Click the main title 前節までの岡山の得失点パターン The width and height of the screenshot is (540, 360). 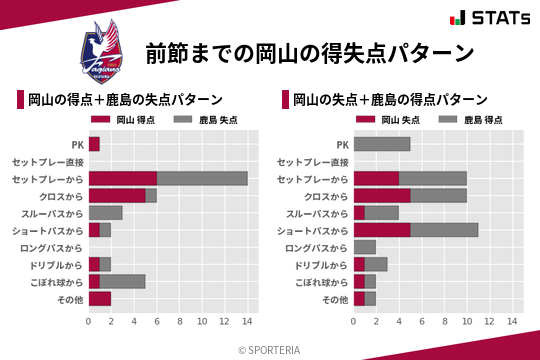[x=308, y=53]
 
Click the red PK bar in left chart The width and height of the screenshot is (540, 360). [x=94, y=144]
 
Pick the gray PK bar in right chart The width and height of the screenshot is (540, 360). [x=382, y=144]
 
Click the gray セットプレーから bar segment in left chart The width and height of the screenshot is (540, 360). [x=202, y=178]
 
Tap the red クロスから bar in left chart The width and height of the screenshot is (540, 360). [x=117, y=195]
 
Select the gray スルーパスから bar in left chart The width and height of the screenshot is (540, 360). [x=105, y=213]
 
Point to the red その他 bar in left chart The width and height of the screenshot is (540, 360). [x=100, y=298]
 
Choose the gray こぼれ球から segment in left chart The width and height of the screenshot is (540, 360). [x=123, y=281]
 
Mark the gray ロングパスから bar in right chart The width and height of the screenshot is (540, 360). [x=365, y=247]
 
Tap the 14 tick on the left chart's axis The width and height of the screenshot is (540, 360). [x=247, y=322]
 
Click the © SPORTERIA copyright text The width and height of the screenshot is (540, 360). [x=270, y=349]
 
